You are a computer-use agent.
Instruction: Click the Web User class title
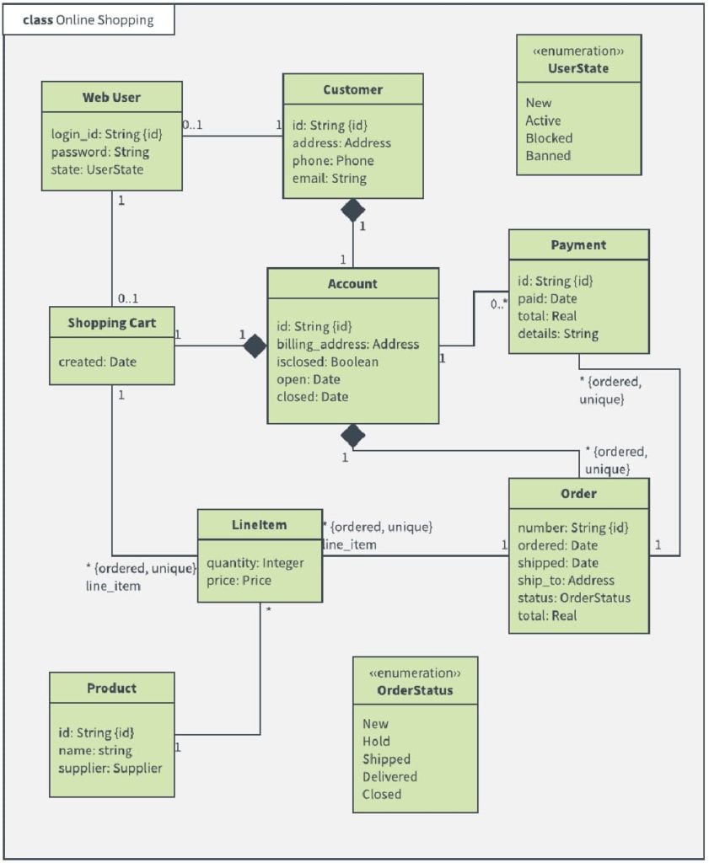[111, 98]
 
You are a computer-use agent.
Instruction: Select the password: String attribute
[99, 153]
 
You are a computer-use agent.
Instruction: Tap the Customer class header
[352, 89]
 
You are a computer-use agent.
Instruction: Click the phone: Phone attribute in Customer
[333, 161]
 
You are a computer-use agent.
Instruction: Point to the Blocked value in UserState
[549, 138]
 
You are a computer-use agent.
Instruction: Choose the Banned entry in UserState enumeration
[548, 156]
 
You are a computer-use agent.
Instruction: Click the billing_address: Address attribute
[347, 344]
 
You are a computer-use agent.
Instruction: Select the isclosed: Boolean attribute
[327, 362]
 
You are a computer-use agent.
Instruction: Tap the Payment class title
[578, 245]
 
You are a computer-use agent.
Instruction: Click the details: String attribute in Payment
[558, 334]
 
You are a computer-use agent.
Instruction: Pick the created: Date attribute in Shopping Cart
[97, 362]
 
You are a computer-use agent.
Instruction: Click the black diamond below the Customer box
[352, 210]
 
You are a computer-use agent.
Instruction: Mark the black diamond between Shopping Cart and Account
[255, 346]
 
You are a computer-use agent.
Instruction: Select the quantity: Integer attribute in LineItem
[255, 563]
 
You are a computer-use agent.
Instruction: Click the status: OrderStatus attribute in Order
[573, 598]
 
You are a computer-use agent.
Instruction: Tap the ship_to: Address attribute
[566, 581]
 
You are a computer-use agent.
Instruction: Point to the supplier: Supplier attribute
[110, 768]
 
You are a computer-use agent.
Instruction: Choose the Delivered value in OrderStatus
[389, 777]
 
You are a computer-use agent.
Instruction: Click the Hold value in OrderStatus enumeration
[376, 742]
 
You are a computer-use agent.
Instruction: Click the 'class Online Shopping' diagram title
[89, 20]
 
